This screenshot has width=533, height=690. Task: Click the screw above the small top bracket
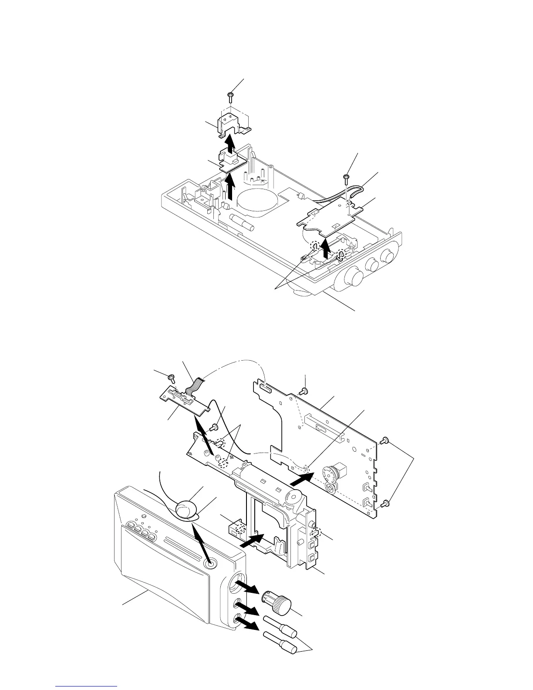231,95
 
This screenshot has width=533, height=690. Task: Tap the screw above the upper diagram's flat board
346,177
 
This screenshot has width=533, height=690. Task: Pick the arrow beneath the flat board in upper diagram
324,252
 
